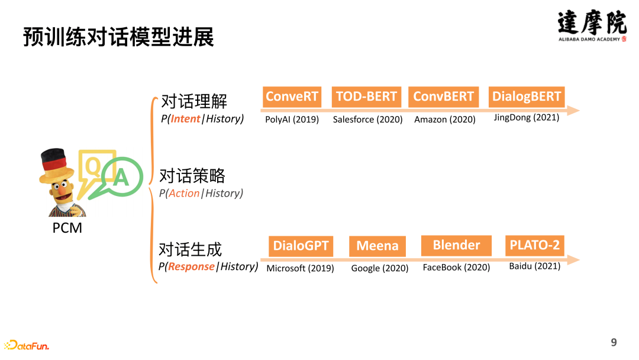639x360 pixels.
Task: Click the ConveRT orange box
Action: tap(292, 97)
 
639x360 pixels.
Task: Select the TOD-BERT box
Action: tap(366, 97)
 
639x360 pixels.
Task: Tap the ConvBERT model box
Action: tap(443, 97)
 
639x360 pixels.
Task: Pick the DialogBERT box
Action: tap(527, 97)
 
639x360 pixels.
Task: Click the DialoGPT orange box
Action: tap(301, 246)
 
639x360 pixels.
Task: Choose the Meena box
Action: tap(377, 246)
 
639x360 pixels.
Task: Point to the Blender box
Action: tap(456, 245)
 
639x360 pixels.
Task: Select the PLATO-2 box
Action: tap(534, 245)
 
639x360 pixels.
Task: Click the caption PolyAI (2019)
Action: tap(292, 120)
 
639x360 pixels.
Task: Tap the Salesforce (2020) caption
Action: tap(367, 120)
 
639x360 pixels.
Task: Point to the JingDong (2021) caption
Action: tap(526, 117)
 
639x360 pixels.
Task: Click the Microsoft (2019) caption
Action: tap(300, 268)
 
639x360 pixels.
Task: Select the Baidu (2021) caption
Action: tap(534, 266)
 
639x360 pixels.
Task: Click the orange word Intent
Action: tap(185, 118)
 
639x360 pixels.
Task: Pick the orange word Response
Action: tap(191, 266)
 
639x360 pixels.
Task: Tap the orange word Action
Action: tap(184, 193)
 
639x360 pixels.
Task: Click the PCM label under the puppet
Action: tap(67, 228)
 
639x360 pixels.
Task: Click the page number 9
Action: tap(614, 342)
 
